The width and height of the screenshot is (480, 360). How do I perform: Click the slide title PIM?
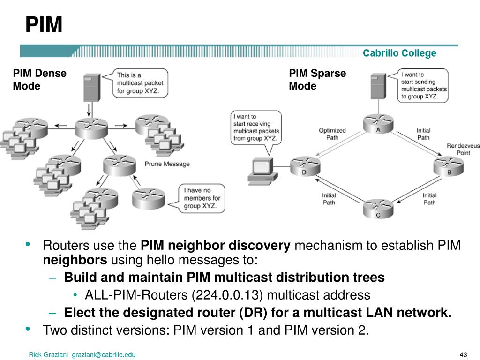click(x=44, y=24)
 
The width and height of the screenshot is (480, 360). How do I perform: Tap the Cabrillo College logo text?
click(x=399, y=53)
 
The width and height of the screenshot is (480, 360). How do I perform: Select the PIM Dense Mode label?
click(x=39, y=80)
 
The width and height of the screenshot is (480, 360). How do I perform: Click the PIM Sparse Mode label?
click(x=317, y=80)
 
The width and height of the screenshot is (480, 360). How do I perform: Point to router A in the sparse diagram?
click(x=378, y=124)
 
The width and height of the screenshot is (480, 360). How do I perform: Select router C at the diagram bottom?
click(x=378, y=208)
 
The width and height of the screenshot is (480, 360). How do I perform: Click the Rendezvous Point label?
click(x=463, y=149)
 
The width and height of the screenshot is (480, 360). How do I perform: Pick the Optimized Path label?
click(x=332, y=134)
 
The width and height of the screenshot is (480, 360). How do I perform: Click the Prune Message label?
click(x=167, y=164)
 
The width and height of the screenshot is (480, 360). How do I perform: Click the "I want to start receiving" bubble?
click(x=256, y=127)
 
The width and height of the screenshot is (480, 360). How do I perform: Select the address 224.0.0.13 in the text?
click(x=222, y=295)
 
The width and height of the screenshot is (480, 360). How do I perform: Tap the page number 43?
click(x=464, y=354)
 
